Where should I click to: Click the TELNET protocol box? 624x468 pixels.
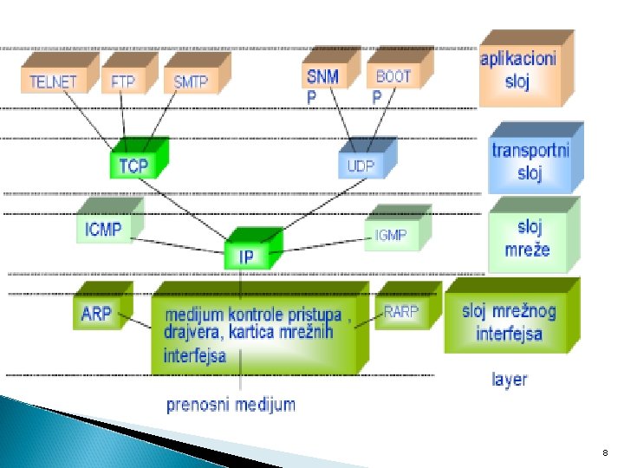pyautogui.click(x=53, y=81)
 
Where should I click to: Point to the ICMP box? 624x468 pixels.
pyautogui.click(x=104, y=229)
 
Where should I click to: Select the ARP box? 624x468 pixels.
pyautogui.click(x=96, y=313)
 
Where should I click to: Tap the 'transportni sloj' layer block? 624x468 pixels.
pyautogui.click(x=530, y=160)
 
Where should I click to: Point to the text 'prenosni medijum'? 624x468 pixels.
pyautogui.click(x=231, y=403)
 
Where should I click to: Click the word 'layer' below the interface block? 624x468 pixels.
pyautogui.click(x=509, y=379)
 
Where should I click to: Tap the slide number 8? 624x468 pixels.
pyautogui.click(x=604, y=452)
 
